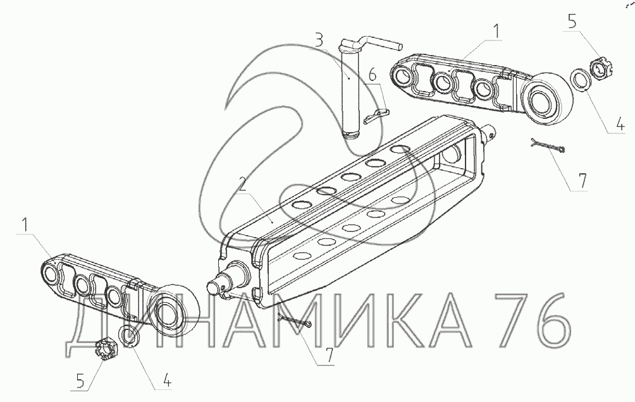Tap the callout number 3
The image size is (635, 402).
[x=319, y=41]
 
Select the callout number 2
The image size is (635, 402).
[x=243, y=185]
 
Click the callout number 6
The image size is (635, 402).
[x=372, y=75]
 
